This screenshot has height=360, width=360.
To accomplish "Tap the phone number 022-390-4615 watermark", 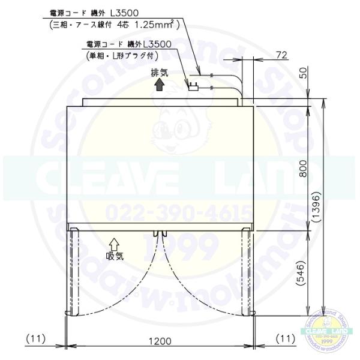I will click(180, 212).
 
